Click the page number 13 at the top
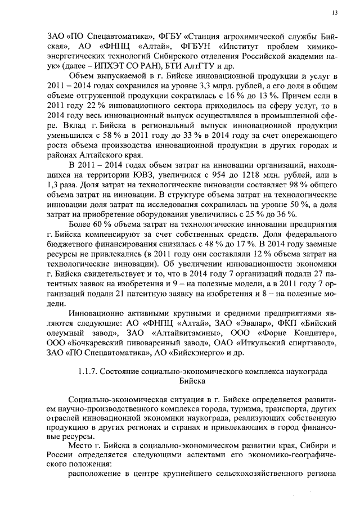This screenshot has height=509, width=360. point(334,12)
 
